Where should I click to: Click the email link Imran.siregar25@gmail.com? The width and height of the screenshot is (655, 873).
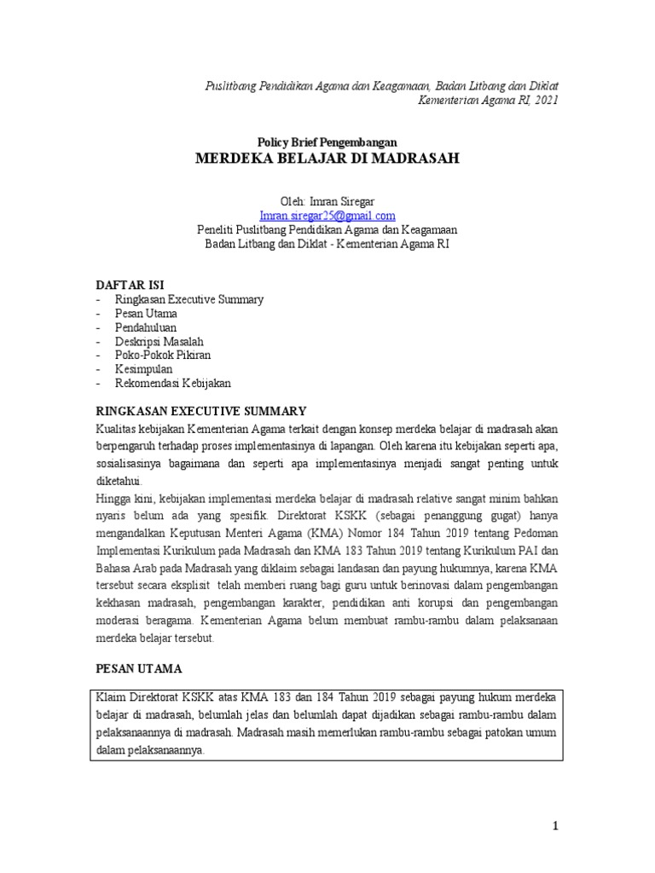[x=327, y=216]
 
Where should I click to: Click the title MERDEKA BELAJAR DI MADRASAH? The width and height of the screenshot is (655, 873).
[x=327, y=159]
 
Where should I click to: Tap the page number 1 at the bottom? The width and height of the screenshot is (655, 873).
[x=554, y=826]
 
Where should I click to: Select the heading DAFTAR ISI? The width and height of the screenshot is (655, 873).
[x=130, y=284]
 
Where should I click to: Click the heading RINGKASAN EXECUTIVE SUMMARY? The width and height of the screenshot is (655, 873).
[x=200, y=411]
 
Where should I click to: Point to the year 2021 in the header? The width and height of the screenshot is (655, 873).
[x=546, y=101]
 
